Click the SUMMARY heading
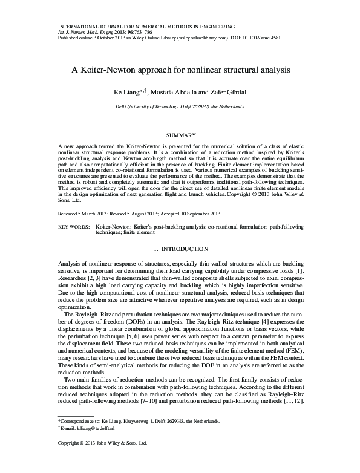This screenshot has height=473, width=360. coord(180,135)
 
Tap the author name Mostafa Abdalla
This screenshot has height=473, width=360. coord(171,92)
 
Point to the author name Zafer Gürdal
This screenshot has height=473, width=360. coord(227,92)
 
